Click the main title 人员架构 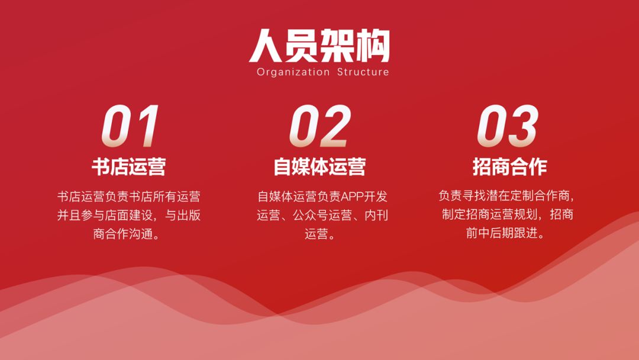[319, 45]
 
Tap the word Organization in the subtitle [293, 72]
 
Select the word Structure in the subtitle [363, 72]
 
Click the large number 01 [130, 126]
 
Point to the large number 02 [320, 126]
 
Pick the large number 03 [508, 126]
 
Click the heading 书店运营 [129, 167]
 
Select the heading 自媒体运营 [319, 167]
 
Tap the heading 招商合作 [509, 167]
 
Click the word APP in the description [352, 197]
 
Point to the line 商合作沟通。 [127, 234]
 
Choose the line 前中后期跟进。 [505, 233]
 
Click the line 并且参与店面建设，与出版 [129, 216]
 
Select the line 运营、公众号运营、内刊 [322, 216]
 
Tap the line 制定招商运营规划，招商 [508, 214]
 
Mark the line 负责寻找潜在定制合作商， [506, 196]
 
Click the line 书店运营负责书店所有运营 [129, 197]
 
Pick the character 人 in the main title [265, 46]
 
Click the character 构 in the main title [373, 46]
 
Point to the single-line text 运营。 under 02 [320, 234]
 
